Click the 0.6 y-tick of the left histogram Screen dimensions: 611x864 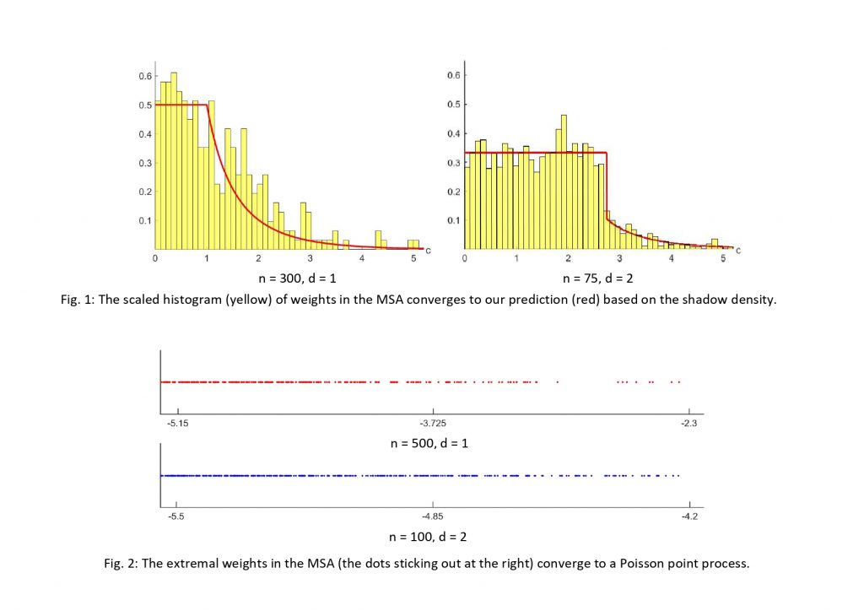(146, 76)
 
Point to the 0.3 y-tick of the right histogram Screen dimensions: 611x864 (455, 163)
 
